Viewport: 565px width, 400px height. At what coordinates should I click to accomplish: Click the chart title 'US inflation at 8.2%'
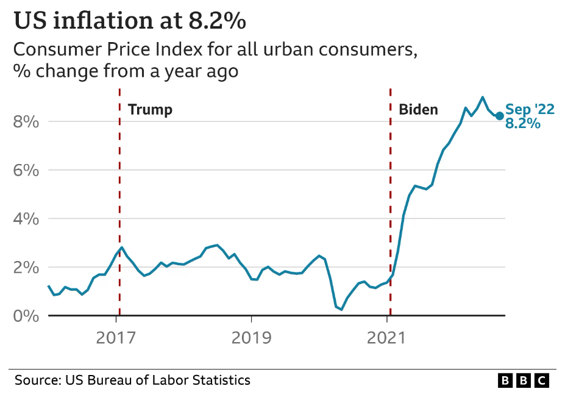pyautogui.click(x=130, y=21)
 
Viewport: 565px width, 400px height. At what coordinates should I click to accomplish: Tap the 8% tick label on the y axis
pyautogui.click(x=26, y=122)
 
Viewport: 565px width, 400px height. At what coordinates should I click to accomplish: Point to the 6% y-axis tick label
pyautogui.click(x=26, y=170)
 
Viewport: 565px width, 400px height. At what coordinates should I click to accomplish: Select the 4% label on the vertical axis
pyautogui.click(x=26, y=219)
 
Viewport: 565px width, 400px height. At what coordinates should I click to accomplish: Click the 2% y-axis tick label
pyautogui.click(x=26, y=268)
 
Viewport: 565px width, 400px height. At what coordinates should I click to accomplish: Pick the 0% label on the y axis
pyautogui.click(x=26, y=316)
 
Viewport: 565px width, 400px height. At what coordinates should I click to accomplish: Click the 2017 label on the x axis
pyautogui.click(x=116, y=338)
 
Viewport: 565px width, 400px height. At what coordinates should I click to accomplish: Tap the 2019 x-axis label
pyautogui.click(x=251, y=338)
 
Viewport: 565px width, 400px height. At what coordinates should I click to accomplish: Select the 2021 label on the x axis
pyautogui.click(x=386, y=338)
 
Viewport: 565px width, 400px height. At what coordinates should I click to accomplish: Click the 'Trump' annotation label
pyautogui.click(x=151, y=110)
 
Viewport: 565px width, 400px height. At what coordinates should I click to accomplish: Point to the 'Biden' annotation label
pyautogui.click(x=418, y=109)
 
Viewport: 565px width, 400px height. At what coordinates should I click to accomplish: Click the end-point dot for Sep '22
pyautogui.click(x=499, y=116)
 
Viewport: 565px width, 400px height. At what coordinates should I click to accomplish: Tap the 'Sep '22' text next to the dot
pyautogui.click(x=530, y=109)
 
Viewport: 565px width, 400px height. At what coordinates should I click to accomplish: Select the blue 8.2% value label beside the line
pyautogui.click(x=523, y=123)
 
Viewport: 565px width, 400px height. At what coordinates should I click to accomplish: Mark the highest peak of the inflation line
pyautogui.click(x=483, y=97)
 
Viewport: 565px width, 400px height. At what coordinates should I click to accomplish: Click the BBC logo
pyautogui.click(x=524, y=380)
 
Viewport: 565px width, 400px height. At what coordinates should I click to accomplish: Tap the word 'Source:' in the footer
pyautogui.click(x=37, y=380)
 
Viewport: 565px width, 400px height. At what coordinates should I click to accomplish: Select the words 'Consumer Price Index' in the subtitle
pyautogui.click(x=108, y=49)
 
